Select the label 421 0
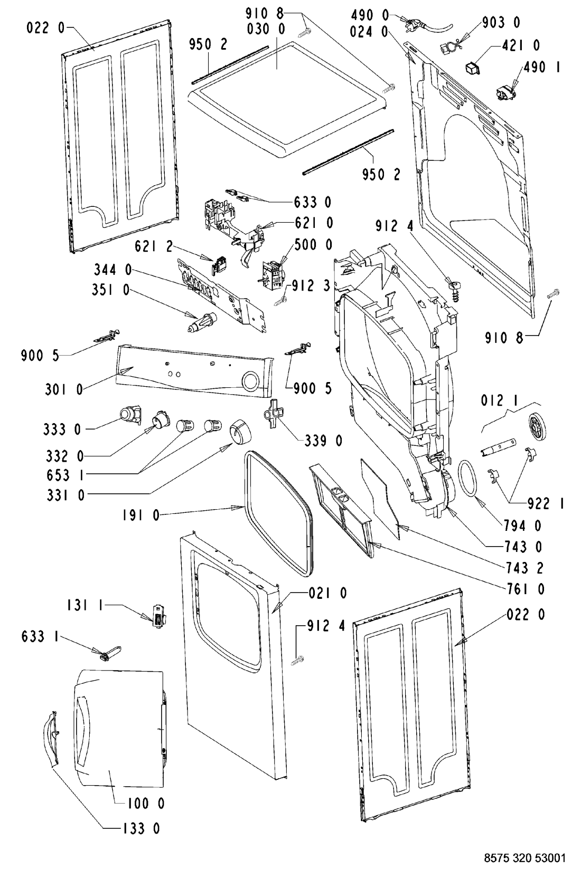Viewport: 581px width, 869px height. pyautogui.click(x=521, y=45)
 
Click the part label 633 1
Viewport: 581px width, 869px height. pyautogui.click(x=40, y=637)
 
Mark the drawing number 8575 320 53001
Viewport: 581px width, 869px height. pyautogui.click(x=524, y=856)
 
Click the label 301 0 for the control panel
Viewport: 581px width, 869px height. pyautogui.click(x=64, y=389)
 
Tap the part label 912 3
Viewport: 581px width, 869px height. pyautogui.click(x=311, y=286)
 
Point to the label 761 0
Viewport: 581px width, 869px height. pyautogui.click(x=525, y=589)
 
